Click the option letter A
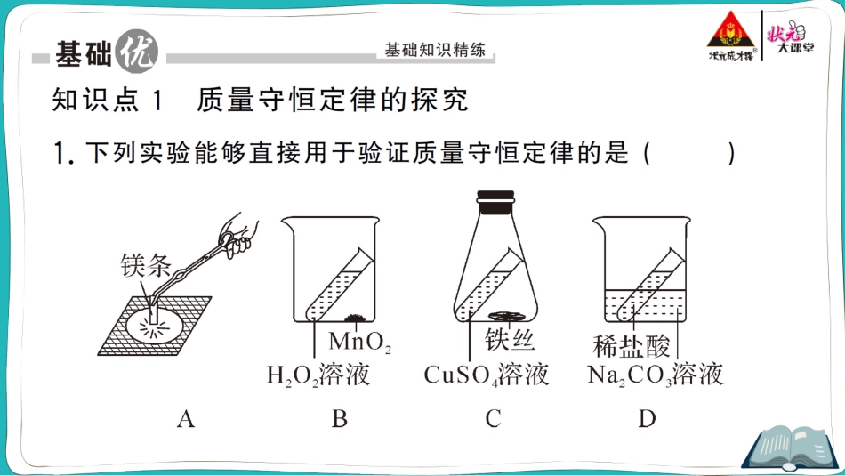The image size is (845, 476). [185, 419]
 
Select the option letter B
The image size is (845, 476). [339, 419]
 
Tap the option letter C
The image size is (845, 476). [493, 419]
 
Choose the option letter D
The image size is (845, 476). [647, 419]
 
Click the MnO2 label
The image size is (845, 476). [360, 342]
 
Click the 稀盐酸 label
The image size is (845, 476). [631, 346]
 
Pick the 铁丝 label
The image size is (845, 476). [510, 340]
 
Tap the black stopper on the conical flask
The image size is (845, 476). [495, 202]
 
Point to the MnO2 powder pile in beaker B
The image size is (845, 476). [356, 318]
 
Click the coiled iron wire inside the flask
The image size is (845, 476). [505, 315]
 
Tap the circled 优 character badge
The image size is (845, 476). [136, 52]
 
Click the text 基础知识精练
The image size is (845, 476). [435, 50]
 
